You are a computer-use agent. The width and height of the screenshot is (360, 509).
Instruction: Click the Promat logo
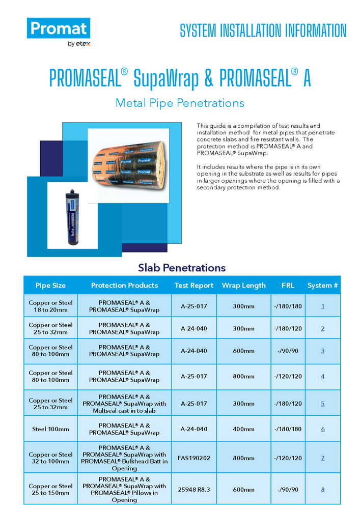click(59, 29)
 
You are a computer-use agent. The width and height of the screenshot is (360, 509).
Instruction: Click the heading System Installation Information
click(263, 31)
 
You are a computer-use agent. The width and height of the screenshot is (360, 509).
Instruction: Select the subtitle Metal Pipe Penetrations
click(180, 103)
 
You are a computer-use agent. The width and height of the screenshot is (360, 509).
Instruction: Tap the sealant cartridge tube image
click(72, 216)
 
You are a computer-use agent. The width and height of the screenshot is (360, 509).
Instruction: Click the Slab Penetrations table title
click(181, 268)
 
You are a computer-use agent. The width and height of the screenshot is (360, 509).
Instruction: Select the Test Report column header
click(194, 286)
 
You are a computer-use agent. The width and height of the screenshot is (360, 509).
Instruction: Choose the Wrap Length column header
click(243, 286)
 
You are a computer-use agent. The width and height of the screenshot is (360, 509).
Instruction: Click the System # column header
click(322, 286)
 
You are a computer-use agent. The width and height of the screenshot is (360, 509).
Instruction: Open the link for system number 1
click(323, 306)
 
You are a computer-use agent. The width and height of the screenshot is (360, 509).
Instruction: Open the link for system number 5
click(323, 404)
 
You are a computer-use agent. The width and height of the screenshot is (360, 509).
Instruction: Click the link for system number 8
click(323, 490)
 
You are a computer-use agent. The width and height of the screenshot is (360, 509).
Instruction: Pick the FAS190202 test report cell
click(194, 458)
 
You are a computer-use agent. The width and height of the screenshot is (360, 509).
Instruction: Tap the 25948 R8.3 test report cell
click(194, 490)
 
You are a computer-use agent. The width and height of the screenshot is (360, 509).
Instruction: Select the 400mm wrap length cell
click(243, 429)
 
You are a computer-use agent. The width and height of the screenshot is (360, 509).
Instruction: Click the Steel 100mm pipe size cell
click(50, 429)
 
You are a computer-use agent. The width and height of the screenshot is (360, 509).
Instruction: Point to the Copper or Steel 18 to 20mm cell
click(50, 306)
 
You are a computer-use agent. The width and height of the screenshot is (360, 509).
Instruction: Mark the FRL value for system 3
click(288, 351)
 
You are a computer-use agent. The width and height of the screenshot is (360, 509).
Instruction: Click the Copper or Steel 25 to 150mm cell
click(50, 490)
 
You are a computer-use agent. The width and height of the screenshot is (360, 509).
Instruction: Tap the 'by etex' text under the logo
click(79, 44)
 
